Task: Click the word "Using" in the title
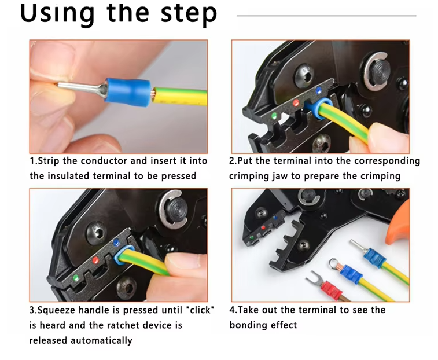point(57,14)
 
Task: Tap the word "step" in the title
point(189,14)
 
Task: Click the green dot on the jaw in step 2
point(274,116)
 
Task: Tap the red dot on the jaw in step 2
point(296,103)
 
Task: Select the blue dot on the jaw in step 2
point(318,90)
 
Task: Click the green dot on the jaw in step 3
point(75,278)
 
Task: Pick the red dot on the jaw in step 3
point(95,260)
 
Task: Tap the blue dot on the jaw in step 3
point(116,243)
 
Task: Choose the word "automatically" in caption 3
point(101,341)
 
